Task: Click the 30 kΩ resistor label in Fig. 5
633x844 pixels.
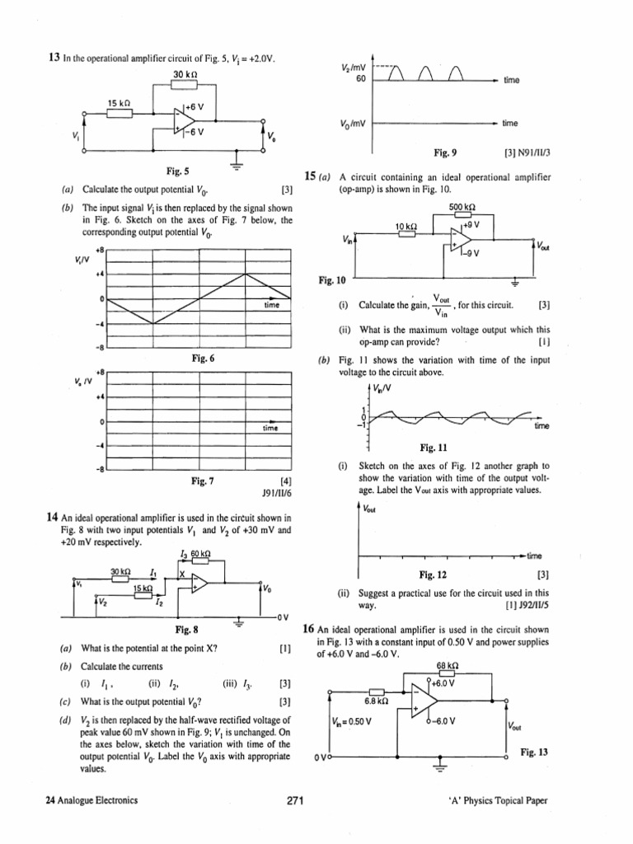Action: pyautogui.click(x=185, y=76)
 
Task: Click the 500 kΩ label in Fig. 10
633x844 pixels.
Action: pyautogui.click(x=462, y=208)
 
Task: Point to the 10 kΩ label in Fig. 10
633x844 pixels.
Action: pyautogui.click(x=407, y=226)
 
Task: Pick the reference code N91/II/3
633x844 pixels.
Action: pyautogui.click(x=526, y=152)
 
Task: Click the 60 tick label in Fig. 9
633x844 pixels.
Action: pyautogui.click(x=360, y=79)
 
